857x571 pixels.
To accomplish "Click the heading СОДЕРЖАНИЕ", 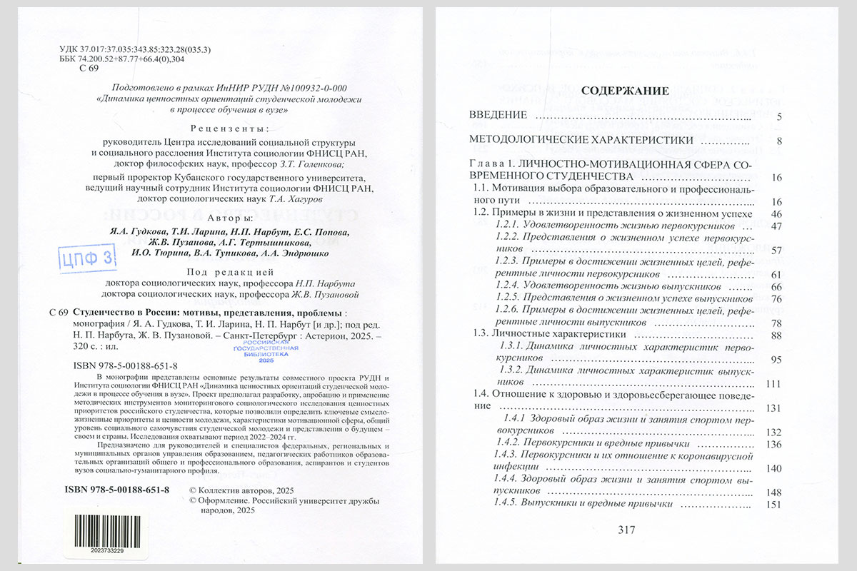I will [x=625, y=91].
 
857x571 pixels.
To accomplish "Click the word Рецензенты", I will [x=231, y=129].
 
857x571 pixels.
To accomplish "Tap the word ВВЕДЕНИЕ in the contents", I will [x=498, y=116].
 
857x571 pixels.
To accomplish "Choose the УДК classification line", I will [x=135, y=49].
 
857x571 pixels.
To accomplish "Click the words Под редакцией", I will [x=230, y=272].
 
